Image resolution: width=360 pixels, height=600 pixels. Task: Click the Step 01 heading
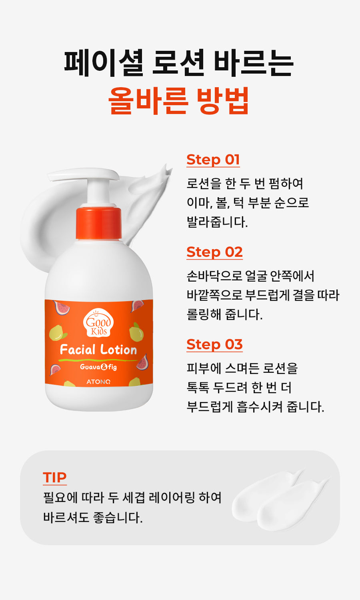[x=213, y=160]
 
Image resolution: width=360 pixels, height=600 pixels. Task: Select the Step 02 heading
[x=214, y=252]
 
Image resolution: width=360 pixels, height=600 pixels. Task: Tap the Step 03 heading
[x=214, y=344]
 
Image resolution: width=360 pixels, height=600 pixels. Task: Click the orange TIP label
[x=55, y=478]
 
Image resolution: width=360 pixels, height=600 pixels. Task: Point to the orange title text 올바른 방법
[x=179, y=100]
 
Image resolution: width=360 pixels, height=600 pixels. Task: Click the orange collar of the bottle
[x=99, y=223]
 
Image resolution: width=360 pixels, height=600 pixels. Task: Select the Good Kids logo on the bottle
[x=98, y=323]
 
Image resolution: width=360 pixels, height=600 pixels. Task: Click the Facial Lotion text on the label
[x=98, y=350]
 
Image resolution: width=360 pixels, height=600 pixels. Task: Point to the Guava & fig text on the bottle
[x=98, y=367]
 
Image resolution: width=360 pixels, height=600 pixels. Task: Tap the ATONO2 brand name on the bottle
[x=98, y=382]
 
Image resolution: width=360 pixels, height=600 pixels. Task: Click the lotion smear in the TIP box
[x=280, y=500]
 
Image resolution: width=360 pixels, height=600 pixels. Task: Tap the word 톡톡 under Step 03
[x=198, y=388]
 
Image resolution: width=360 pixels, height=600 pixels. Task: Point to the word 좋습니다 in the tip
[x=118, y=517]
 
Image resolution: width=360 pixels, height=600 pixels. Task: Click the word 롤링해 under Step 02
[x=204, y=314]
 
